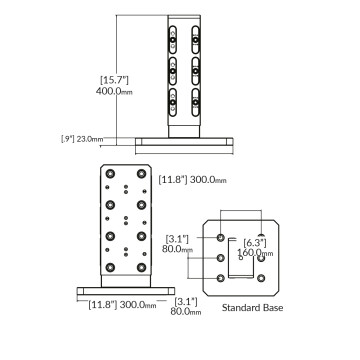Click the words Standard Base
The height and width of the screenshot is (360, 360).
click(x=251, y=308)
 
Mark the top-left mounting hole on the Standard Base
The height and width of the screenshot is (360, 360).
click(x=221, y=239)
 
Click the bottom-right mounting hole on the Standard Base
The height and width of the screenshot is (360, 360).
click(x=261, y=279)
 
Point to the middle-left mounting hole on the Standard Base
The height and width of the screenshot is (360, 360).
click(x=221, y=258)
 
